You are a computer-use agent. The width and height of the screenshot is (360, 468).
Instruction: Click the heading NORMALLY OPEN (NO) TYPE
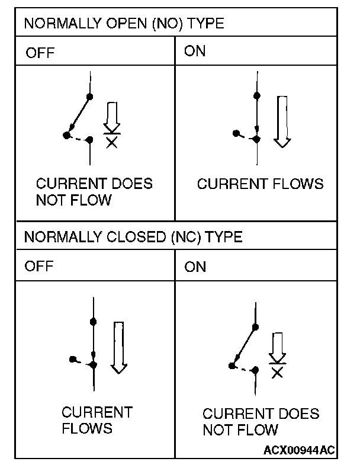pos(124,24)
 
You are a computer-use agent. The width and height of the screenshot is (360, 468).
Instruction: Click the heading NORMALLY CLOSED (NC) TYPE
pos(133,237)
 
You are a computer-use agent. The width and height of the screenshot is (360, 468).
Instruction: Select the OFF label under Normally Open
pos(40,53)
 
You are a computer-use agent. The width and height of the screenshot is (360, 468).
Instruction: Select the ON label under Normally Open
pos(195,51)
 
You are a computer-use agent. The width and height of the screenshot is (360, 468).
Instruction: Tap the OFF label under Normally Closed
pos(40,265)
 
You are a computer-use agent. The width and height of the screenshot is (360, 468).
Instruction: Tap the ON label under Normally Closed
pos(195,267)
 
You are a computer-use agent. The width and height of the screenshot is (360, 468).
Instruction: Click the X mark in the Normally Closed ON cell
pos(277,372)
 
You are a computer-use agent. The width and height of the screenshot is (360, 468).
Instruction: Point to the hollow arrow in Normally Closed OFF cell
pos(119,347)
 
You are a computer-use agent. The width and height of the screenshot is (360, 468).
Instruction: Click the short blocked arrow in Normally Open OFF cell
pos(111,117)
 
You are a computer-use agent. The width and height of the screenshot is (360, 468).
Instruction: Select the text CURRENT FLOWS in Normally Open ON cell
pos(260,184)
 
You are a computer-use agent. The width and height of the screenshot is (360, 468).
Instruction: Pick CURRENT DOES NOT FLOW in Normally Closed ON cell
pos(261,421)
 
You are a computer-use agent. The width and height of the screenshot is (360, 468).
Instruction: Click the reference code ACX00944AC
pos(298,450)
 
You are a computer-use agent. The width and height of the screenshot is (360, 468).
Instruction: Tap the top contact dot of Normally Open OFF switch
pos(89,96)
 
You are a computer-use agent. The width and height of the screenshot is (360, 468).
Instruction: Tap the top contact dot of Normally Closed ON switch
pos(255,326)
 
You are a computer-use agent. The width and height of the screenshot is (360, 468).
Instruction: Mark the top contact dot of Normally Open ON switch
pos(256,95)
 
